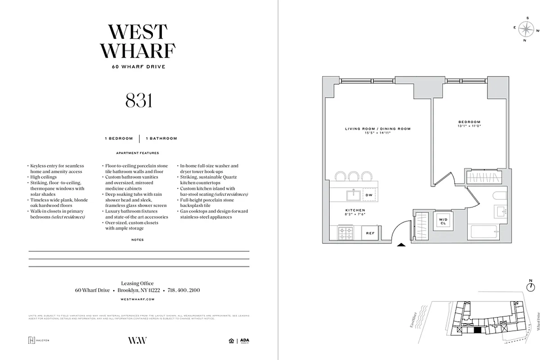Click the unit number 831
point(139,101)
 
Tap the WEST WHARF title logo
point(139,41)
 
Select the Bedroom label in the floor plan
point(469,122)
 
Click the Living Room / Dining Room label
point(377,129)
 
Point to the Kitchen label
point(355,210)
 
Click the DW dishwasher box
point(369,195)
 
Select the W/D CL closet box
point(443,220)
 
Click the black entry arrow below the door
point(402,245)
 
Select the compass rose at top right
point(525,30)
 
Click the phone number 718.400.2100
point(184,290)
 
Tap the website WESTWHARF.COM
point(138,299)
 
